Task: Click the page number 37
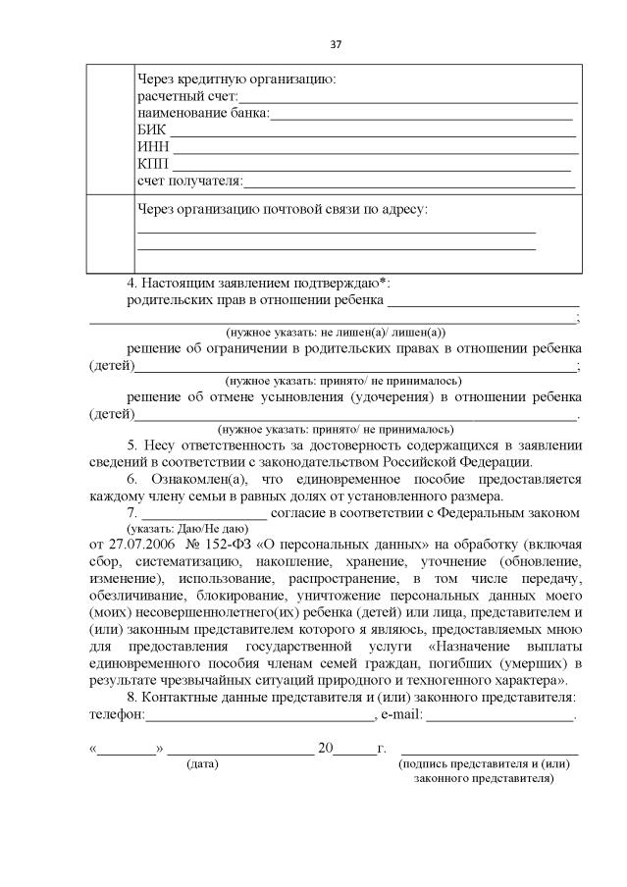click(336, 45)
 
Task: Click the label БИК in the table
click(151, 130)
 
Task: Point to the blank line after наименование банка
click(422, 117)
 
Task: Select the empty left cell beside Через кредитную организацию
click(108, 129)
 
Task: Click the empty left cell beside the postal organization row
click(108, 233)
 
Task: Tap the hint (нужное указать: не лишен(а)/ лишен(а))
click(336, 334)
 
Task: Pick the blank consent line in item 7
click(204, 514)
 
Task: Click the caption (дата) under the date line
click(203, 762)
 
